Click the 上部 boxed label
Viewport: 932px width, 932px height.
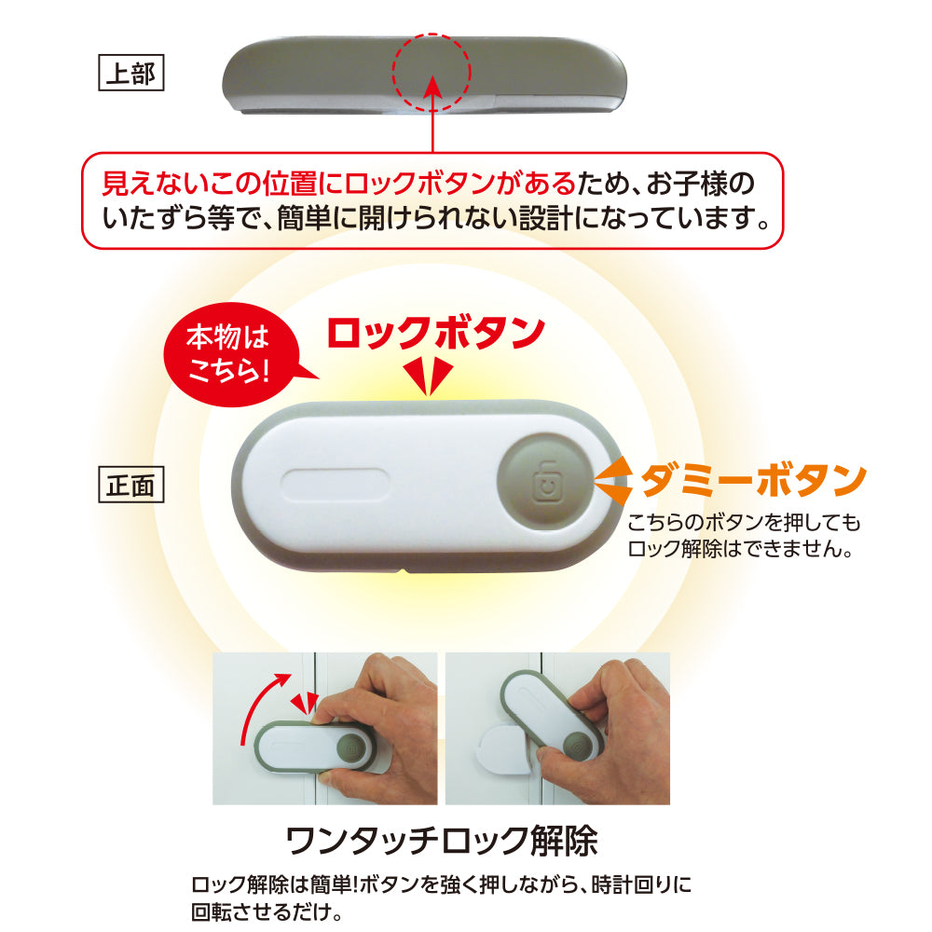point(131,74)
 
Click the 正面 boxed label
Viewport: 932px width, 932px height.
point(131,485)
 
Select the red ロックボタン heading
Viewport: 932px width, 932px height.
point(435,333)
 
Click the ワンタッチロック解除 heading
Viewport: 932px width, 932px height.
point(441,842)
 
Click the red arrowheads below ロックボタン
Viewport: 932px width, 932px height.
point(430,376)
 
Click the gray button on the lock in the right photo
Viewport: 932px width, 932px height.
point(575,747)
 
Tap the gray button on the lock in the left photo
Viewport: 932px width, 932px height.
point(352,746)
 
